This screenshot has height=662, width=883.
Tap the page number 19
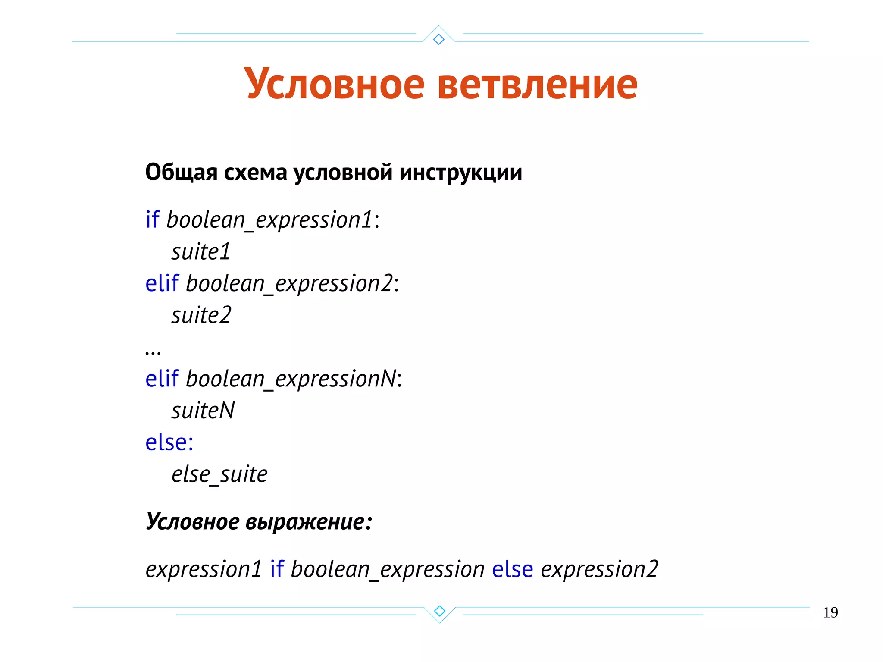pyautogui.click(x=830, y=612)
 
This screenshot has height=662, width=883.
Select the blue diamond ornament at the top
pyautogui.click(x=438, y=39)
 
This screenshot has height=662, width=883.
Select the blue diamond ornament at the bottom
pyautogui.click(x=439, y=611)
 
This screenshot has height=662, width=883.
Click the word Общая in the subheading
pyautogui.click(x=181, y=173)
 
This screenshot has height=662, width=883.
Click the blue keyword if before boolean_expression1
pyautogui.click(x=152, y=220)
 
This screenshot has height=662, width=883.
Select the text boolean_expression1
pyautogui.click(x=269, y=220)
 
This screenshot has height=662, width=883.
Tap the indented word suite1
pyautogui.click(x=201, y=252)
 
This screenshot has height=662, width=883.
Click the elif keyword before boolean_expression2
pyautogui.click(x=162, y=283)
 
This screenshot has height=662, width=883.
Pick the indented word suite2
pyautogui.click(x=201, y=315)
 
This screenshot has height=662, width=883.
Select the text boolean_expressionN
pyautogui.click(x=291, y=379)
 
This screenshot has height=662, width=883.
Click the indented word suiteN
pyautogui.click(x=203, y=411)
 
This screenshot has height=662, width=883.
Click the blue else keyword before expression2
pyautogui.click(x=512, y=569)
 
